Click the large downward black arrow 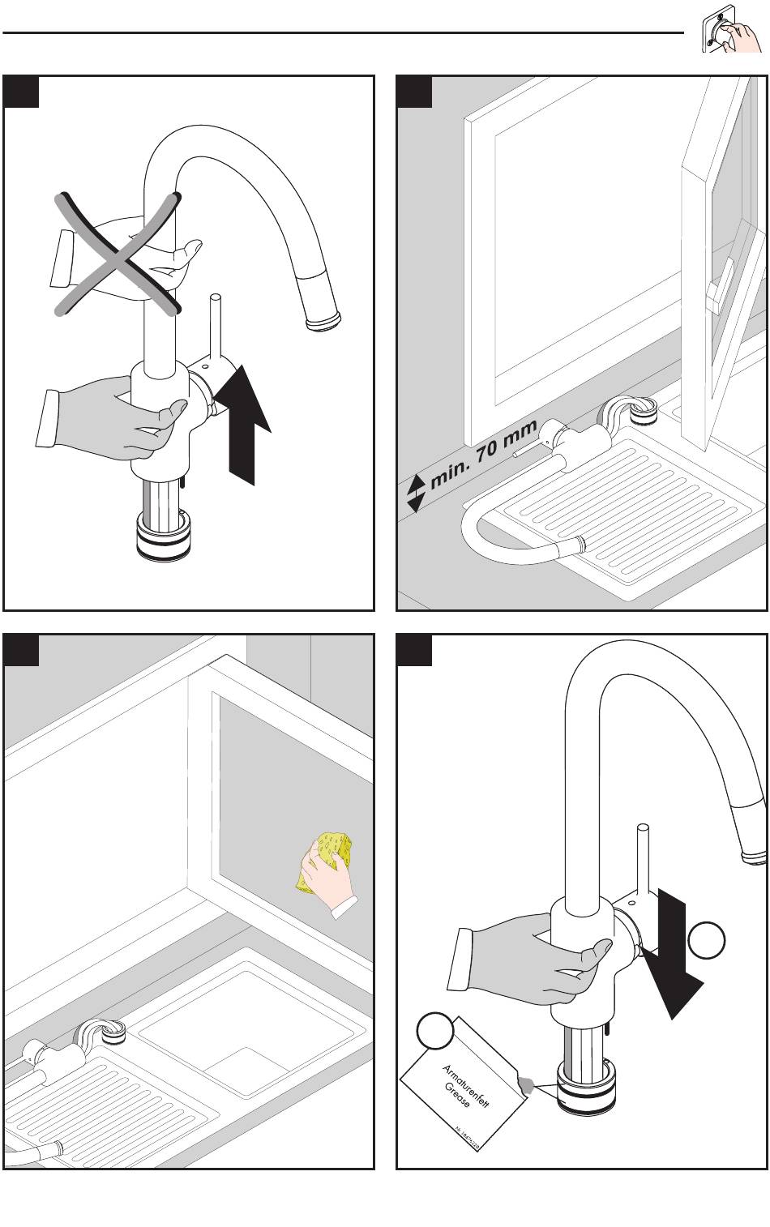pyautogui.click(x=673, y=964)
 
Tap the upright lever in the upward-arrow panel pyautogui.click(x=216, y=328)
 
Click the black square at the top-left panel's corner pyautogui.click(x=22, y=92)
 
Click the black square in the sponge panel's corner pyautogui.click(x=22, y=650)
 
